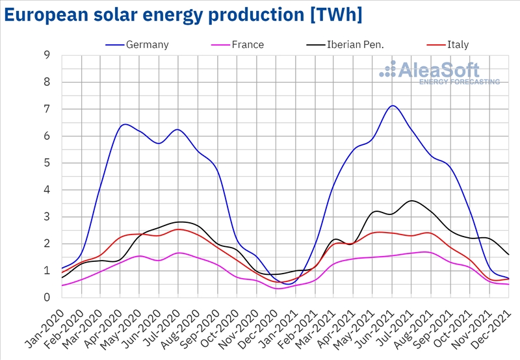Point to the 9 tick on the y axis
46,55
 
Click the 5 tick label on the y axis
46,163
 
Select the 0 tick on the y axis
46,298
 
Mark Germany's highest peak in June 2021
393,105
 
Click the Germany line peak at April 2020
125,124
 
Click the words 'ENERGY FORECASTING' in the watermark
460,82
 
